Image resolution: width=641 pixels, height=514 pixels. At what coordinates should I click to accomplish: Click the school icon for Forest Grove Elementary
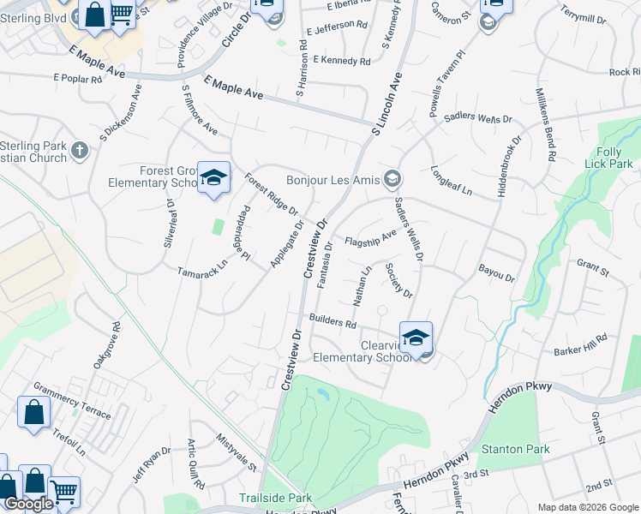(x=213, y=178)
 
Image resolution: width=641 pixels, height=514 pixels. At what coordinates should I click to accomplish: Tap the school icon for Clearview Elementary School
(x=416, y=338)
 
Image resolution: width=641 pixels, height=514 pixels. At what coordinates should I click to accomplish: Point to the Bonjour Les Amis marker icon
(x=392, y=178)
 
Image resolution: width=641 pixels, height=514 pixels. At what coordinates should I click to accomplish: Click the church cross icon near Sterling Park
(x=80, y=151)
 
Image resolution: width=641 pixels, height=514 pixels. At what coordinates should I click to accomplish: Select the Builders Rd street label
(x=333, y=321)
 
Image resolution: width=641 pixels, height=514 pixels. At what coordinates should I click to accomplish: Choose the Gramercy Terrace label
(x=72, y=402)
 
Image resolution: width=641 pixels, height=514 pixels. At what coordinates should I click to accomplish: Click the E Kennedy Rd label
(x=342, y=61)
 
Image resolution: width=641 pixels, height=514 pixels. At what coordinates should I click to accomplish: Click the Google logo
(x=29, y=504)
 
